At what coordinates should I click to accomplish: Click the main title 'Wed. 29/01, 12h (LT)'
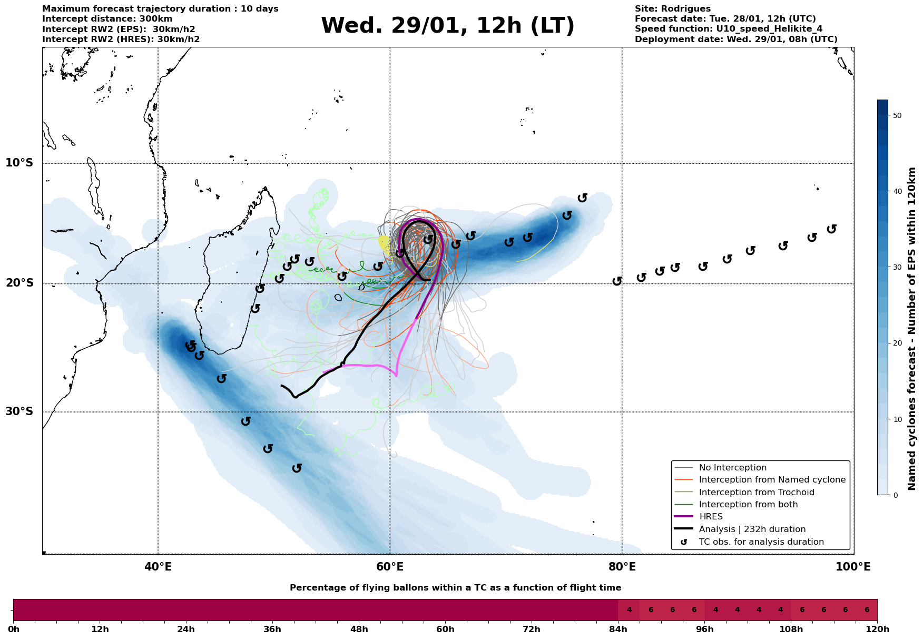[447, 26]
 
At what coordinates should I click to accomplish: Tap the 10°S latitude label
[19, 163]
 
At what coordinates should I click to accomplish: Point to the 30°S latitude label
[19, 411]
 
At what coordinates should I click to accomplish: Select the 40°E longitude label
[158, 567]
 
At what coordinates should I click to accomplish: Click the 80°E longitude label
[622, 567]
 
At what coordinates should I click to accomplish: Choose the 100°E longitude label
[853, 567]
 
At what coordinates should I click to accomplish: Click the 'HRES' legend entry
[711, 517]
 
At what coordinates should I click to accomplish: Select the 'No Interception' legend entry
[732, 468]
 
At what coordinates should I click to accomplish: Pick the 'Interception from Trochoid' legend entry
[756, 493]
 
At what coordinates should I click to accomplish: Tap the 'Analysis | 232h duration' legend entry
[752, 529]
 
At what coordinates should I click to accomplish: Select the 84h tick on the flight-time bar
[618, 629]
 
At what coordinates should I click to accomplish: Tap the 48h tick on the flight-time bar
[359, 629]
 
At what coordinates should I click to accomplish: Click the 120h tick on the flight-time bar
[877, 629]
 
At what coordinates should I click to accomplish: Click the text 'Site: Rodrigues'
[672, 9]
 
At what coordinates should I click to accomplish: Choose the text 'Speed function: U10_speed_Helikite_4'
[728, 29]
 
